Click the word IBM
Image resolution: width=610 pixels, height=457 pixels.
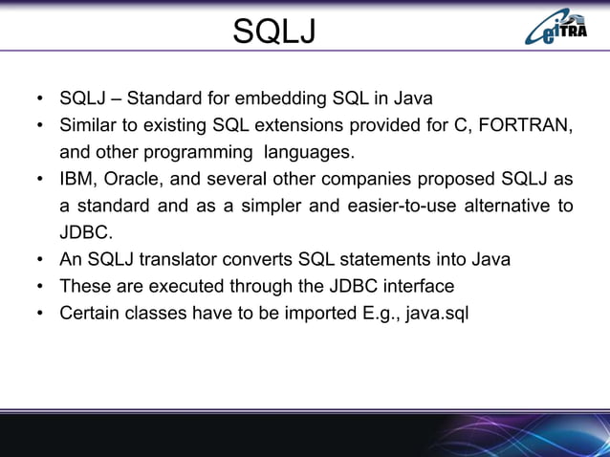click(x=78, y=179)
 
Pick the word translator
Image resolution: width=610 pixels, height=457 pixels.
click(x=206, y=259)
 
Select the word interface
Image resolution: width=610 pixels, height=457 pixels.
click(x=418, y=286)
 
